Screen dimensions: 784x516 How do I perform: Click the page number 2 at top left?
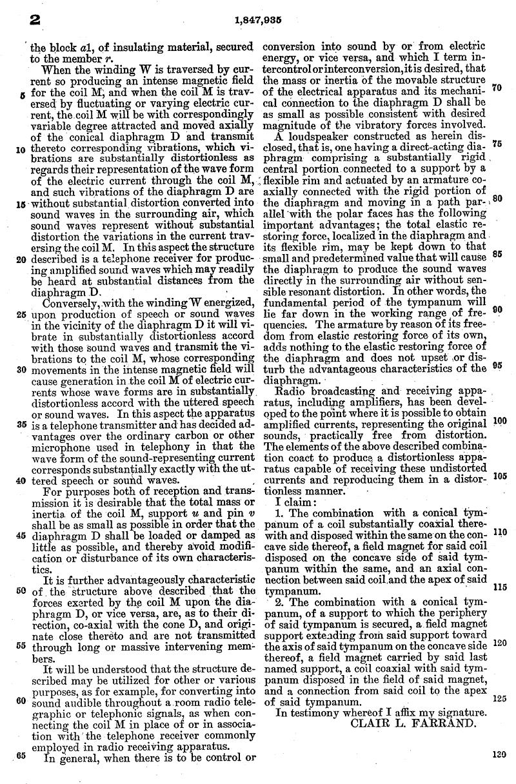(30, 21)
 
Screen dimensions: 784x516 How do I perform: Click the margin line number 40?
(21, 480)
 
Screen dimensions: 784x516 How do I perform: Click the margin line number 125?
(498, 698)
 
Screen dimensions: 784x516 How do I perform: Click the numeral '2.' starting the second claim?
(280, 602)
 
